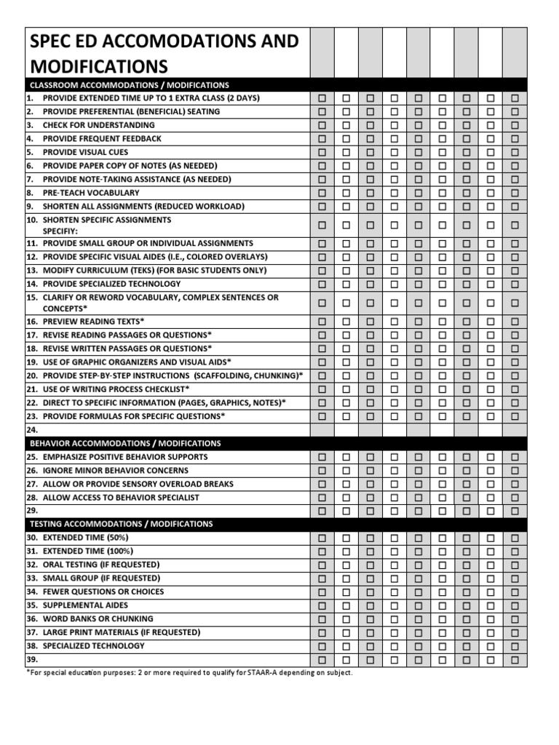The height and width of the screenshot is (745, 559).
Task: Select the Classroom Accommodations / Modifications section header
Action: [x=129, y=85]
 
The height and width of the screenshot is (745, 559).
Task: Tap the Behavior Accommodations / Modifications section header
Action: [x=124, y=443]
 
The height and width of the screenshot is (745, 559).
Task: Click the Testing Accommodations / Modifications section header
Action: [x=121, y=524]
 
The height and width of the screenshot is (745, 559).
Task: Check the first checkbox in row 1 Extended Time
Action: [x=322, y=98]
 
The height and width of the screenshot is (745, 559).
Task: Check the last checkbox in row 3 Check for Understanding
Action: [x=515, y=125]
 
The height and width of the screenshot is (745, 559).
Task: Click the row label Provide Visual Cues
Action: [x=85, y=152]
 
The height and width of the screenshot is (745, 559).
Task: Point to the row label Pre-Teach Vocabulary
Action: [x=91, y=193]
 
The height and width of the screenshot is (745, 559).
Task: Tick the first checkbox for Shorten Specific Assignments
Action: [x=322, y=225]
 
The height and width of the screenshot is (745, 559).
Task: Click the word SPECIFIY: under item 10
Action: [x=63, y=230]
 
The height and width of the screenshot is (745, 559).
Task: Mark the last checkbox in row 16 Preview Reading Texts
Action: [x=515, y=322]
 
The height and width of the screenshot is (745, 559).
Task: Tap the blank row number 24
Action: [x=31, y=430]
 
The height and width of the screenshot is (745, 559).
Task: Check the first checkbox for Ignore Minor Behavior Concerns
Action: [x=322, y=471]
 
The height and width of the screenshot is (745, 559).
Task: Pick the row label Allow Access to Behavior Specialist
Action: [x=121, y=498]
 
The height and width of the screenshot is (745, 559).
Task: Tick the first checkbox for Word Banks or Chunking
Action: [x=322, y=618]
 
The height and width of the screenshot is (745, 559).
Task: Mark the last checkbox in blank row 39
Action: [x=515, y=659]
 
